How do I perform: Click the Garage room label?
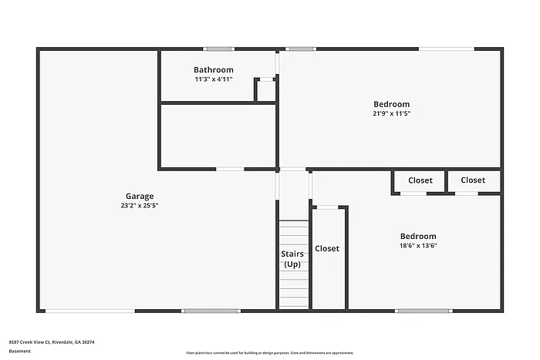click(140, 196)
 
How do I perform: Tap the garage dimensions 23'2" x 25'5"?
click(140, 206)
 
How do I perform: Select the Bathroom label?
click(214, 69)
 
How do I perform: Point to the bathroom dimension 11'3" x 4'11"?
click(214, 79)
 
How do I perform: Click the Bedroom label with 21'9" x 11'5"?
click(392, 104)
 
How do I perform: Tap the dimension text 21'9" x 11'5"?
click(392, 114)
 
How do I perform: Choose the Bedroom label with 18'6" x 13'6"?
click(418, 236)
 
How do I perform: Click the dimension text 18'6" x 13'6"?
click(418, 246)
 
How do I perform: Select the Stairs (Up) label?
click(292, 259)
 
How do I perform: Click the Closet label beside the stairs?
click(327, 248)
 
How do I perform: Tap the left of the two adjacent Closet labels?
click(420, 180)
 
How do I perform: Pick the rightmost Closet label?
click(473, 180)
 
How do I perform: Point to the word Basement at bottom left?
click(20, 351)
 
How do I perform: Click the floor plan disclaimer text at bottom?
click(270, 352)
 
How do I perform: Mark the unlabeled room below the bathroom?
click(217, 136)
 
